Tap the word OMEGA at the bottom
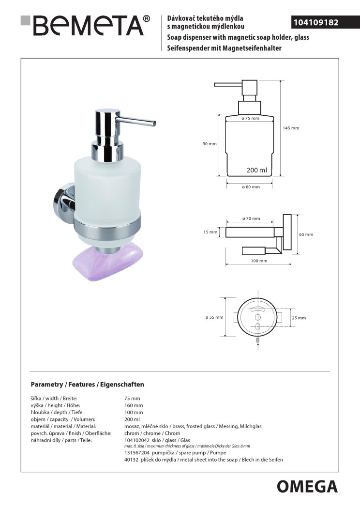click(x=307, y=487)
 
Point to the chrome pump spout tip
click(x=154, y=124)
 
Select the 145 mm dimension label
click(x=291, y=128)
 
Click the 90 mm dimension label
click(x=210, y=144)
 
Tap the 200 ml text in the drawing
click(x=256, y=170)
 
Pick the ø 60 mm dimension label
click(x=251, y=187)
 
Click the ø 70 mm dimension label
click(x=251, y=218)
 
